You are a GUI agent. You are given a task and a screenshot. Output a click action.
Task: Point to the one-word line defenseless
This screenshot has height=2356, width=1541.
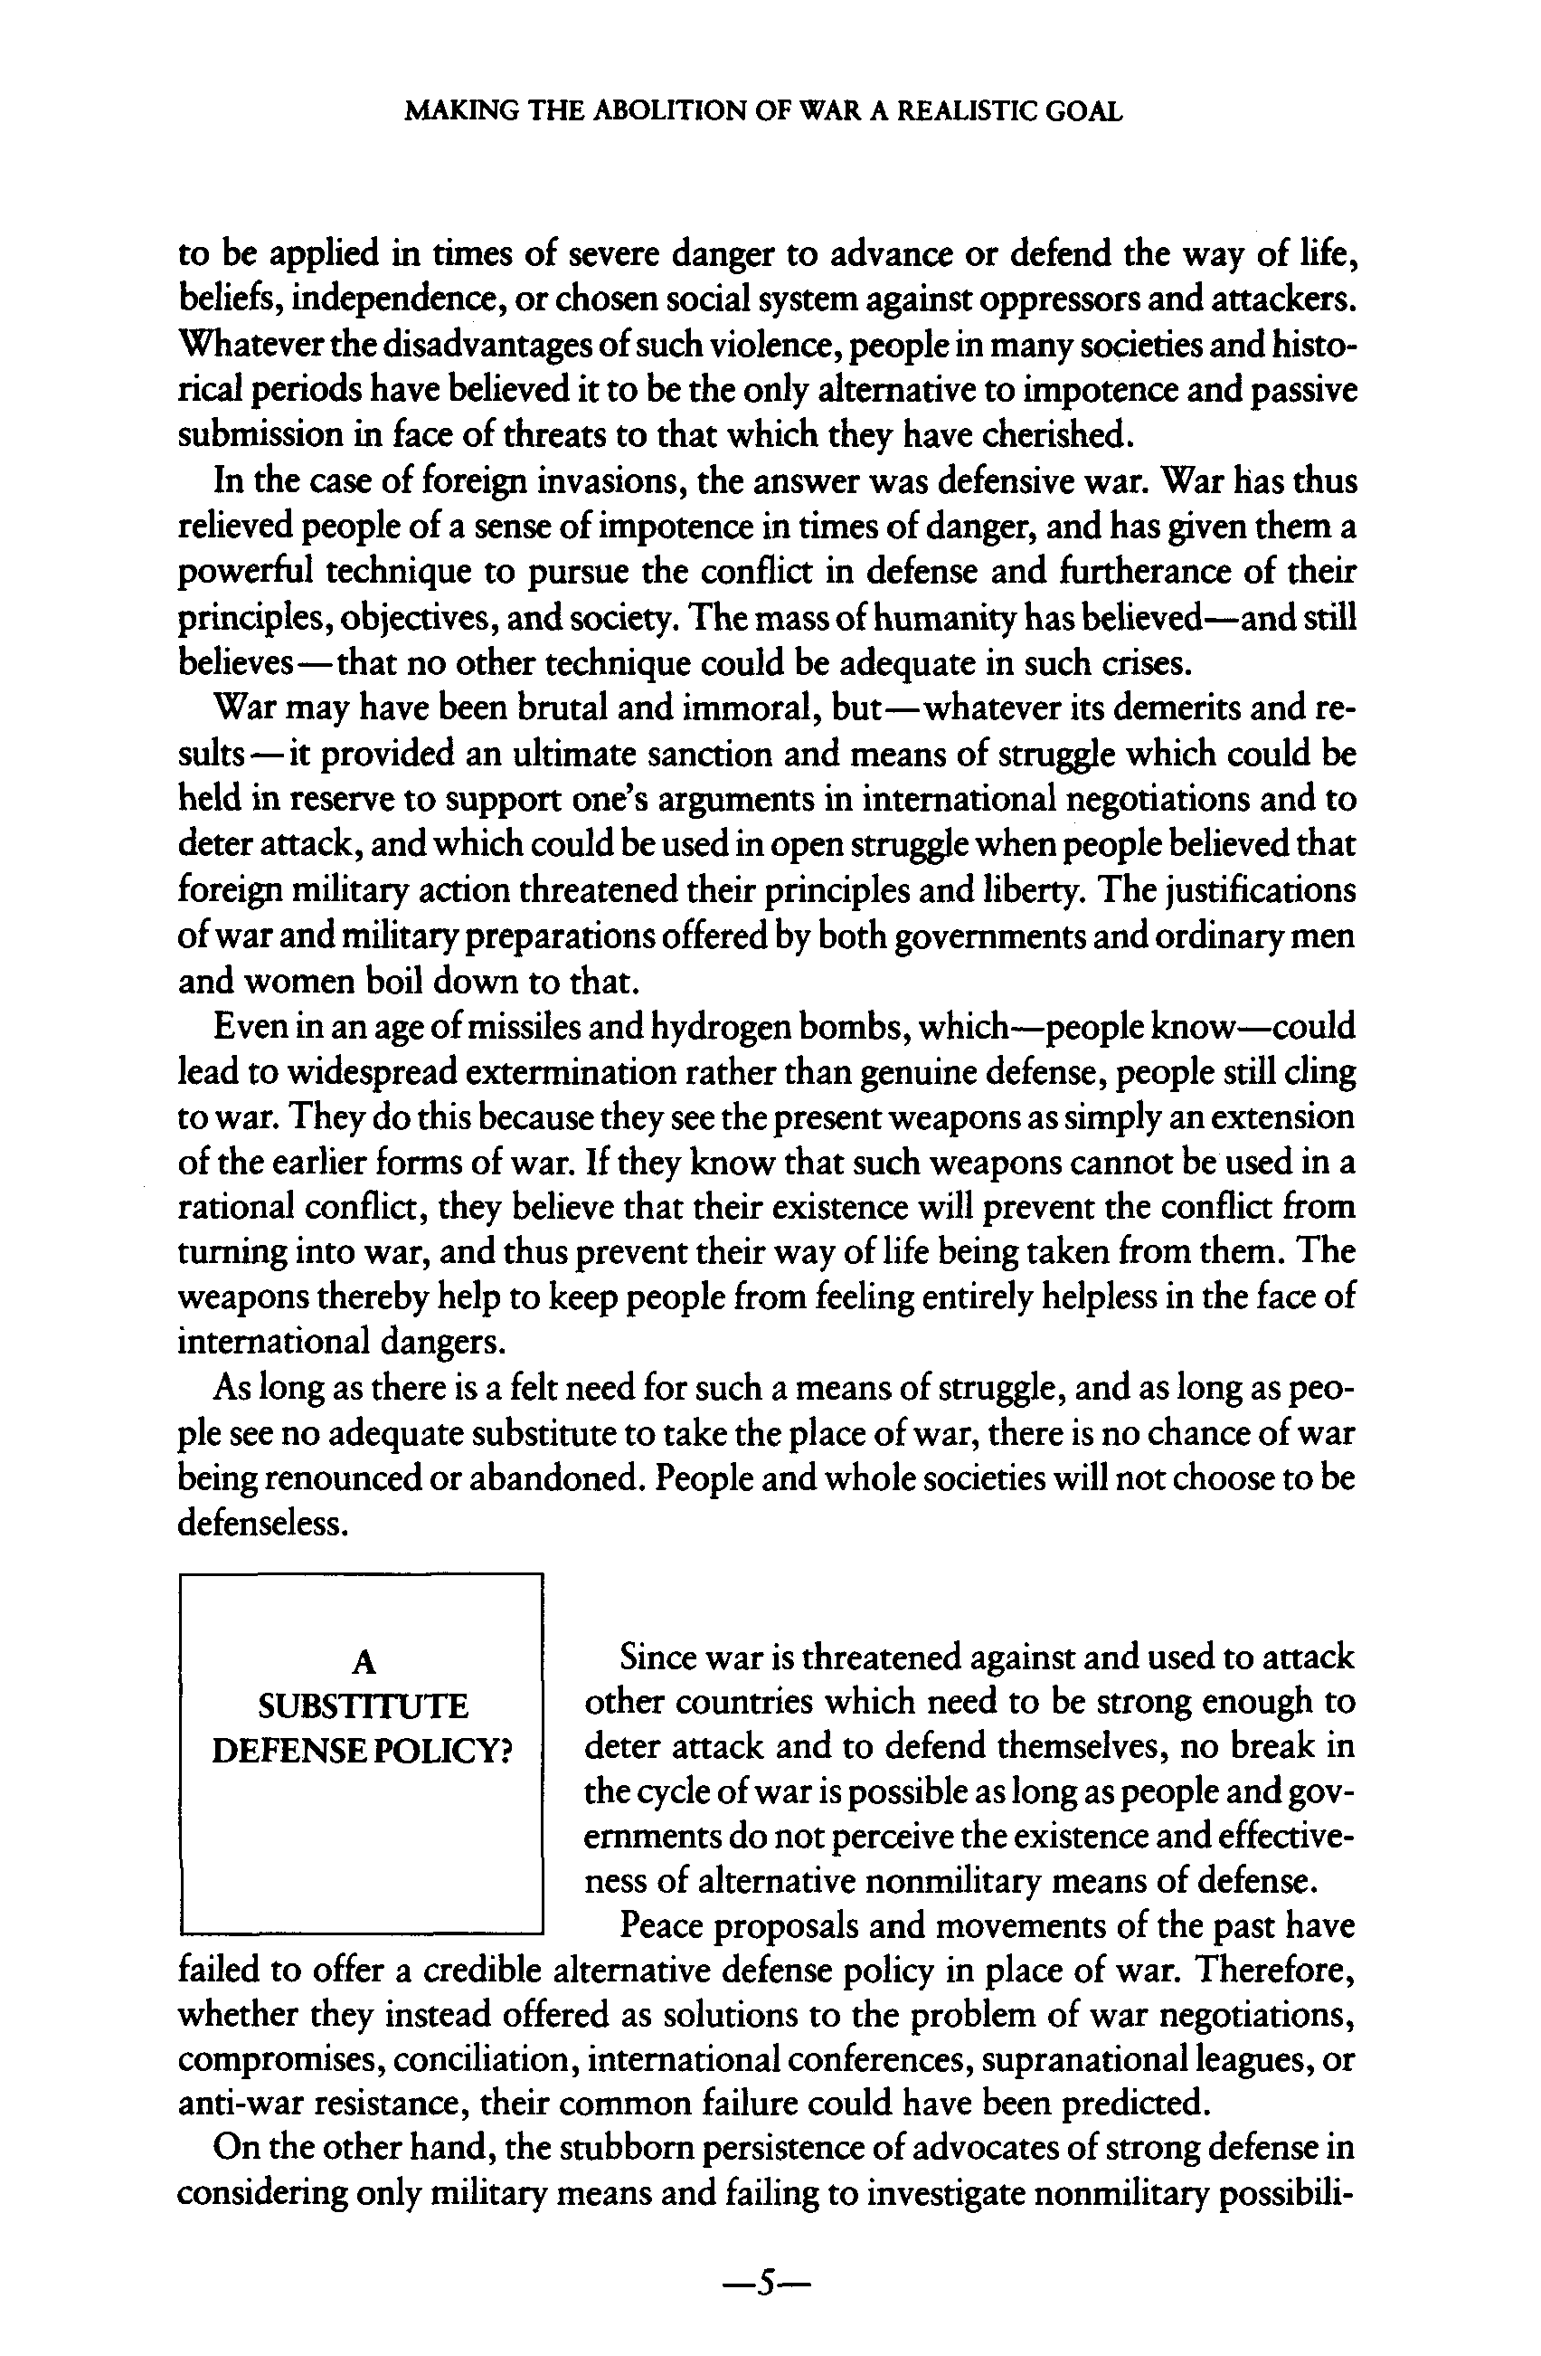(x=262, y=1524)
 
